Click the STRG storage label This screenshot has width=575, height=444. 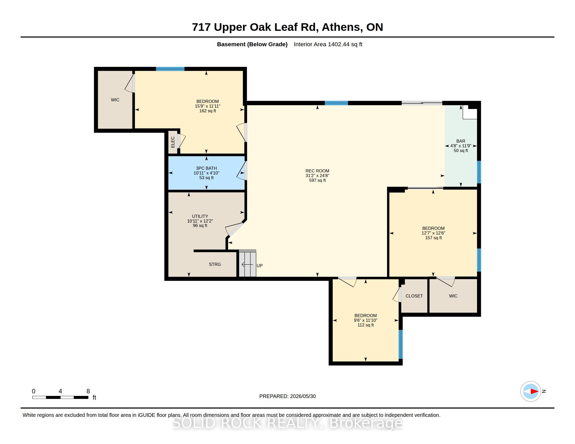(x=215, y=264)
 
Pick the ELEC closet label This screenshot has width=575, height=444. (x=173, y=142)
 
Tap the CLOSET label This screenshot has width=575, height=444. (x=414, y=296)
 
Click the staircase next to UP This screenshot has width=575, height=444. (x=248, y=263)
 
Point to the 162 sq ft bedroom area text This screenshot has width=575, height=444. (x=208, y=111)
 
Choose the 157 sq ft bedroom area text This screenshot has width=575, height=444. (x=433, y=238)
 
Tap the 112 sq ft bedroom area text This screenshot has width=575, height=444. (x=365, y=325)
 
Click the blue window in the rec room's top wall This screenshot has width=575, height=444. (x=336, y=103)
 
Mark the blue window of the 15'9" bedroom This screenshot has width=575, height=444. (x=170, y=69)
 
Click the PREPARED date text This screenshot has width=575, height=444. (x=287, y=396)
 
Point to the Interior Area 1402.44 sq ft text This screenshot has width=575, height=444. (x=328, y=44)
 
